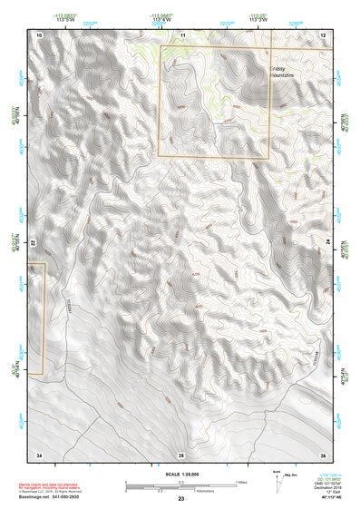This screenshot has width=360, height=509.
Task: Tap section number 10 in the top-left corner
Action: tap(39, 34)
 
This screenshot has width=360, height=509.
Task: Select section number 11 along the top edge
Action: tap(181, 34)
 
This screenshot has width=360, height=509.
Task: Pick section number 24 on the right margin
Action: tap(326, 243)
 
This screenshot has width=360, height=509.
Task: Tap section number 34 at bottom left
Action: tap(39, 453)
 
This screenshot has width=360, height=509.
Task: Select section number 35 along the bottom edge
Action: tap(181, 453)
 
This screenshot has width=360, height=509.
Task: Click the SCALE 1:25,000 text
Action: tap(180, 473)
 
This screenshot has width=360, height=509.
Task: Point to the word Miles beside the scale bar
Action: tap(242, 481)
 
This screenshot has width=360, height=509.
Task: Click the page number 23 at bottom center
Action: tap(180, 500)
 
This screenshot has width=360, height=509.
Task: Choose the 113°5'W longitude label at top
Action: tap(64, 18)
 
